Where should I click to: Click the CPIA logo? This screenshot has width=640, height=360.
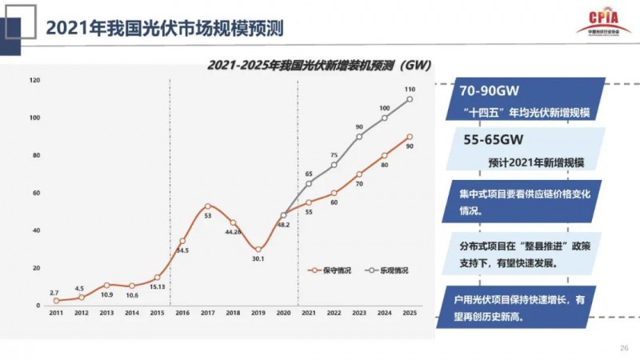tap(602, 22)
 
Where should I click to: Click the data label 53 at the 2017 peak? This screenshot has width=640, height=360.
tap(207, 216)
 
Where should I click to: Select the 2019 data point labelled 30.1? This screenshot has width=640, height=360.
tap(258, 249)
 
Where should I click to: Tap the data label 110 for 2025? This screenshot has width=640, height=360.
tap(409, 89)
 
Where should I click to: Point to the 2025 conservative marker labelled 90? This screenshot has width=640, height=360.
tap(409, 137)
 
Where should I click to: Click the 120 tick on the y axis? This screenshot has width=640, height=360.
tap(34, 80)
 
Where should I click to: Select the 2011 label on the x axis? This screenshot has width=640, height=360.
tap(56, 313)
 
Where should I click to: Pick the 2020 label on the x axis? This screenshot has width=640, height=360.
tap(282, 313)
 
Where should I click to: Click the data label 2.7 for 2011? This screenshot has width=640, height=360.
tap(54, 294)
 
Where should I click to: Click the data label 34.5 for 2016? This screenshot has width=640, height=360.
tap(182, 250)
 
